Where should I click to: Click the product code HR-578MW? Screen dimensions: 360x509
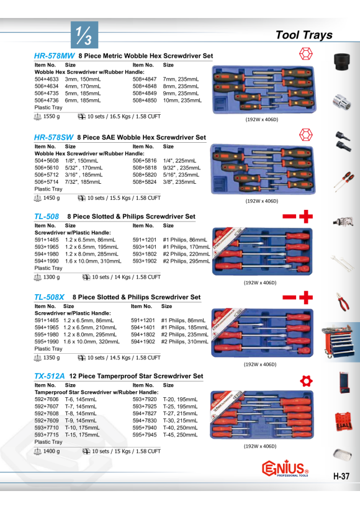(54, 56)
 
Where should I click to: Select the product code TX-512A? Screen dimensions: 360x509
(49, 376)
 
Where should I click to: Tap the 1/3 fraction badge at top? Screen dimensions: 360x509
(84, 35)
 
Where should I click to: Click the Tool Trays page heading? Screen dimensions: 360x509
(304, 35)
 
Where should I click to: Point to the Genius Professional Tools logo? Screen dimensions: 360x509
(285, 469)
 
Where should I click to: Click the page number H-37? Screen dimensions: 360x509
(341, 476)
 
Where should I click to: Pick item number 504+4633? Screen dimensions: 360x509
(47, 79)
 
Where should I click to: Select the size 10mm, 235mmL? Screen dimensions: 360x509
(182, 101)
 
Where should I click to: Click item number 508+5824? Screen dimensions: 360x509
(145, 182)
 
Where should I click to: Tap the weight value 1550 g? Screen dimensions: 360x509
(52, 117)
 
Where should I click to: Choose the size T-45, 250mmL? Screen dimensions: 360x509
(180, 435)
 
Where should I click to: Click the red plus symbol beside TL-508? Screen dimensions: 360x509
(306, 217)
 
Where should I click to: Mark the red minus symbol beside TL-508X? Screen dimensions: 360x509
(289, 297)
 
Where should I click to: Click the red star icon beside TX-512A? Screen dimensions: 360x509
(306, 381)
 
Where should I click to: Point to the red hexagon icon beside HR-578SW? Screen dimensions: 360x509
(306, 135)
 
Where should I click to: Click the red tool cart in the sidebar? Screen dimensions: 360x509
(338, 342)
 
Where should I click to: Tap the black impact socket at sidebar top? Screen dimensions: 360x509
(342, 61)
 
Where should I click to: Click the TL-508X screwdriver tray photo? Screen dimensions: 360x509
(262, 333)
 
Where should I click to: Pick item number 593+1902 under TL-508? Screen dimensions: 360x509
(145, 261)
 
